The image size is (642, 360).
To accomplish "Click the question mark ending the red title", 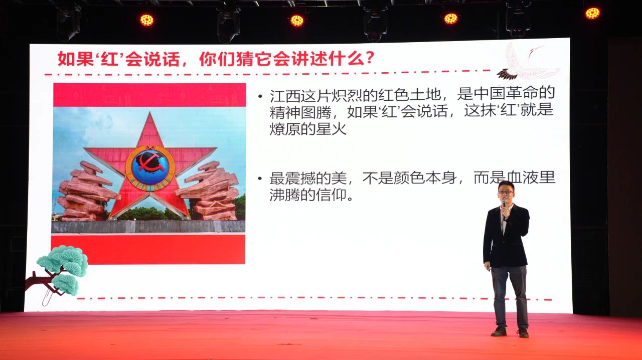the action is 369,59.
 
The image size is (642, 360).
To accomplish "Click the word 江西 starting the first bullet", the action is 285,94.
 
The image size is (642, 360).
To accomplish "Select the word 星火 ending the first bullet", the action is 332,129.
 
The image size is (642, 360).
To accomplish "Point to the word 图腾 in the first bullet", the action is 316,112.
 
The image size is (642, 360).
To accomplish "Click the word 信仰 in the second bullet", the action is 332,195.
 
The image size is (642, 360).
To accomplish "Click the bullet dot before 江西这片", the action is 260,96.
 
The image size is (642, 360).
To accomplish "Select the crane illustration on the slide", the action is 527,63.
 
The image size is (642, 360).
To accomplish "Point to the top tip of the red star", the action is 150,112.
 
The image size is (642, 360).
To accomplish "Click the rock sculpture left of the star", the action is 86,192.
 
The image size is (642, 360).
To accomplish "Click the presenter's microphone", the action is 504,207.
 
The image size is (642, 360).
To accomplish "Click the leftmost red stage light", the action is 147,20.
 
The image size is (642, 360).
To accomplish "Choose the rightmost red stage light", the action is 592,13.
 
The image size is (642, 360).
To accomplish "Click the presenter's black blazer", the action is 506,237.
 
